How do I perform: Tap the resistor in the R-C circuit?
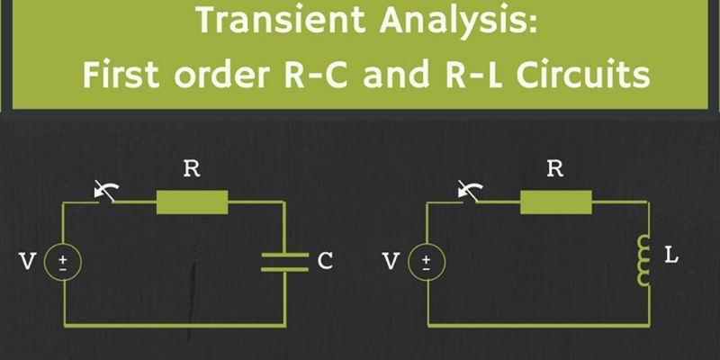click(x=192, y=202)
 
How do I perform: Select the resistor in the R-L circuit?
click(x=556, y=202)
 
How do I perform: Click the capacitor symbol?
click(x=285, y=261)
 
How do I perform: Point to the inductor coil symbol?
click(x=643, y=260)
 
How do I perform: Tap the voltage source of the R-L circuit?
click(x=427, y=262)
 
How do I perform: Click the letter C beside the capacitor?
click(x=325, y=261)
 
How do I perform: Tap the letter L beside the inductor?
click(x=671, y=256)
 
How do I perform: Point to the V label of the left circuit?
click(x=27, y=262)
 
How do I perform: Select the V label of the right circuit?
click(x=390, y=262)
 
